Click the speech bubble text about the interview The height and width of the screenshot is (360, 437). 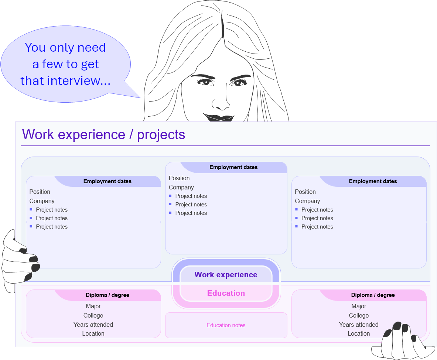(65, 64)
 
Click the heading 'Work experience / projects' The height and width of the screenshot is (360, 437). (103, 134)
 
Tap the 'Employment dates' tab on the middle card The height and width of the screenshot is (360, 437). (233, 167)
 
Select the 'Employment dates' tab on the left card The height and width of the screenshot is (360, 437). (107, 181)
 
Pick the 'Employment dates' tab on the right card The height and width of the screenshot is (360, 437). (373, 181)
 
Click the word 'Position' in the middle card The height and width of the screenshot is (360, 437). (179, 178)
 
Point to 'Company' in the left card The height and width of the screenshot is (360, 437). (42, 201)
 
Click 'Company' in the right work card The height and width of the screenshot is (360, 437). (307, 201)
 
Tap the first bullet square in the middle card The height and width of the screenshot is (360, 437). (170, 196)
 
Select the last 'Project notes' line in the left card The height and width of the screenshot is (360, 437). (51, 227)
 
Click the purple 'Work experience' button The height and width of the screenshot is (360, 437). (226, 275)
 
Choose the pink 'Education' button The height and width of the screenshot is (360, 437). (226, 293)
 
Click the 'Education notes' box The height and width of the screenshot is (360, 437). (226, 325)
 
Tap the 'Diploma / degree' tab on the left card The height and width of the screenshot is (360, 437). (107, 295)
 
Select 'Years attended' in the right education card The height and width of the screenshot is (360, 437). (359, 325)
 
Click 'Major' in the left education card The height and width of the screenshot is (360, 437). (93, 306)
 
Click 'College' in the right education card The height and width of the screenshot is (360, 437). (359, 315)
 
